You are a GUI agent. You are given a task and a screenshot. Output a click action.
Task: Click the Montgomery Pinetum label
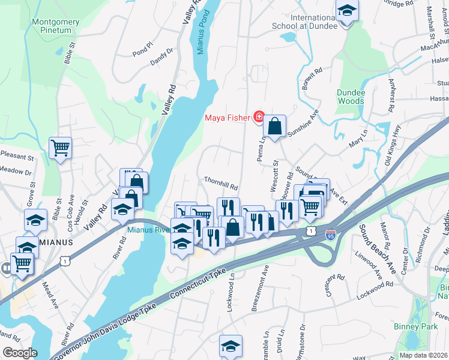point(56,26)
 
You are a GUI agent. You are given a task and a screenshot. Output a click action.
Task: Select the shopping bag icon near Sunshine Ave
point(274,126)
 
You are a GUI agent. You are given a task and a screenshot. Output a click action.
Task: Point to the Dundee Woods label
point(350,97)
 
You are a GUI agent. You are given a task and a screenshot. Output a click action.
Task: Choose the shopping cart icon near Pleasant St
point(60,148)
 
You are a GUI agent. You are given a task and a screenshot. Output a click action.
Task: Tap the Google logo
point(19,353)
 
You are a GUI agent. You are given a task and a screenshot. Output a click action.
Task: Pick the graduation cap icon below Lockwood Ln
point(231,345)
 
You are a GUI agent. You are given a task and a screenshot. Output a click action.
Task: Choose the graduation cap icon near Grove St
point(36,220)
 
